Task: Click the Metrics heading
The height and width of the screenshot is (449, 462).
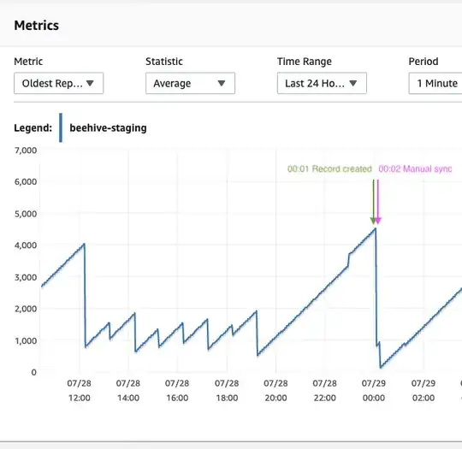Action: coord(37,25)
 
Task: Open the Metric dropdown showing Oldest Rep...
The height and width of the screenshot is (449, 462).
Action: coord(59,83)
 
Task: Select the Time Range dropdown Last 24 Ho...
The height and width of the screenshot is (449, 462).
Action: coord(322,83)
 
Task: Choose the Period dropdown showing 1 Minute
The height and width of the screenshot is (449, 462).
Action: coord(436,83)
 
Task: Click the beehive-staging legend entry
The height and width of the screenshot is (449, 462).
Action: coord(108,127)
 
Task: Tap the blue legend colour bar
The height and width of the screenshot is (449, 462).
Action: coord(60,127)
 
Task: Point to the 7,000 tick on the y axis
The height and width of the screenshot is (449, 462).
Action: coord(24,150)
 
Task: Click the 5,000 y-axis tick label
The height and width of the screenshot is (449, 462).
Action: coord(24,213)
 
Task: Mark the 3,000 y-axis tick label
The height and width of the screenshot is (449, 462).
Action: coord(24,277)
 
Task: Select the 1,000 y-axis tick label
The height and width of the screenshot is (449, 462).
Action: coord(24,340)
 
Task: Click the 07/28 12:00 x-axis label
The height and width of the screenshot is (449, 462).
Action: coord(79,391)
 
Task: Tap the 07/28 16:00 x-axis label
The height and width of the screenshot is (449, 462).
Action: coord(177,391)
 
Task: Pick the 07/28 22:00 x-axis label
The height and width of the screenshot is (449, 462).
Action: coord(325,391)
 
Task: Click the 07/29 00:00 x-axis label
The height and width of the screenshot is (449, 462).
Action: coord(374,391)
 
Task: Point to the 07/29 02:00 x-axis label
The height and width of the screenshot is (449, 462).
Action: coord(423,391)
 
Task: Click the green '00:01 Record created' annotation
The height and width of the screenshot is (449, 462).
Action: coord(329,169)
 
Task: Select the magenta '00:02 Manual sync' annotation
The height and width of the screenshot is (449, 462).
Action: coord(415,169)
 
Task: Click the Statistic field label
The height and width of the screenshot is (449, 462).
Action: coord(163,62)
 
